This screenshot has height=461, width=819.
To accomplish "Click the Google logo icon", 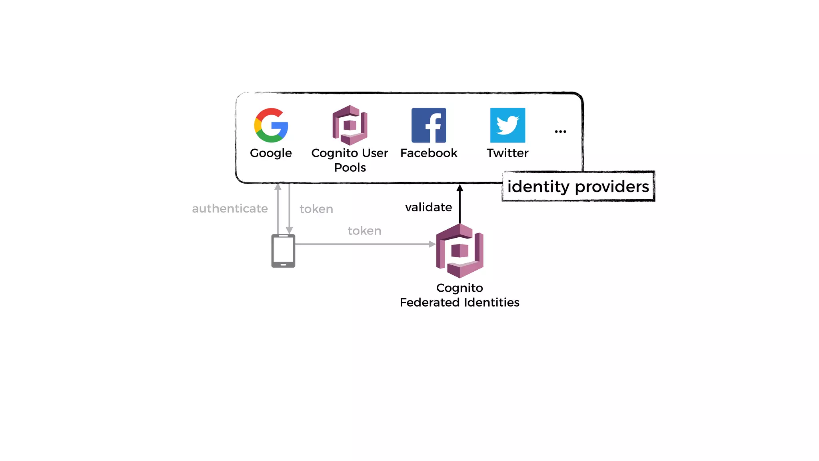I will [271, 125].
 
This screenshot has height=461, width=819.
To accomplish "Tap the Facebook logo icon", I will [429, 125].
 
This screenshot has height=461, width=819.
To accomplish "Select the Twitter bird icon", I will [507, 125].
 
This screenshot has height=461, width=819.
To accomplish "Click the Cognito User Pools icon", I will [350, 125].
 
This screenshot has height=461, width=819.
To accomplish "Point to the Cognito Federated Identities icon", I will [460, 251].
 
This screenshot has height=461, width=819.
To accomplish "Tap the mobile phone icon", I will [283, 251].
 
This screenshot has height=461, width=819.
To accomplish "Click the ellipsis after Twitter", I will [560, 132].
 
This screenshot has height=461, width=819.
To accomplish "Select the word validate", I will [428, 207].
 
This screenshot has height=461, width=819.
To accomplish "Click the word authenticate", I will [230, 208].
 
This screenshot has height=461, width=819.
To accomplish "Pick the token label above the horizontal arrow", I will [364, 231].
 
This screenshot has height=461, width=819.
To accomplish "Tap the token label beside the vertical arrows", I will [316, 209].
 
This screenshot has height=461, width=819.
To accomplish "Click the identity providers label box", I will [578, 186].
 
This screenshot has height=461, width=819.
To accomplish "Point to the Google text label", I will [271, 153].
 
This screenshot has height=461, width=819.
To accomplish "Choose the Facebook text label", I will [429, 153].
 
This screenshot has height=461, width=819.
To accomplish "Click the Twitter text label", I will [507, 153].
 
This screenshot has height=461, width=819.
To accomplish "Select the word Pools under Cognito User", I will [350, 167].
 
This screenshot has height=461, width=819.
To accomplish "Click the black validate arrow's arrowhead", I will [460, 188].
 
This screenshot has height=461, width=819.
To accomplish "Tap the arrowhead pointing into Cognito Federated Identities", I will [432, 244].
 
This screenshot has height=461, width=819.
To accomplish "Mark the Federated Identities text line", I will [459, 302].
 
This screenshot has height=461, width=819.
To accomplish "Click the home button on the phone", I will [283, 265].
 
